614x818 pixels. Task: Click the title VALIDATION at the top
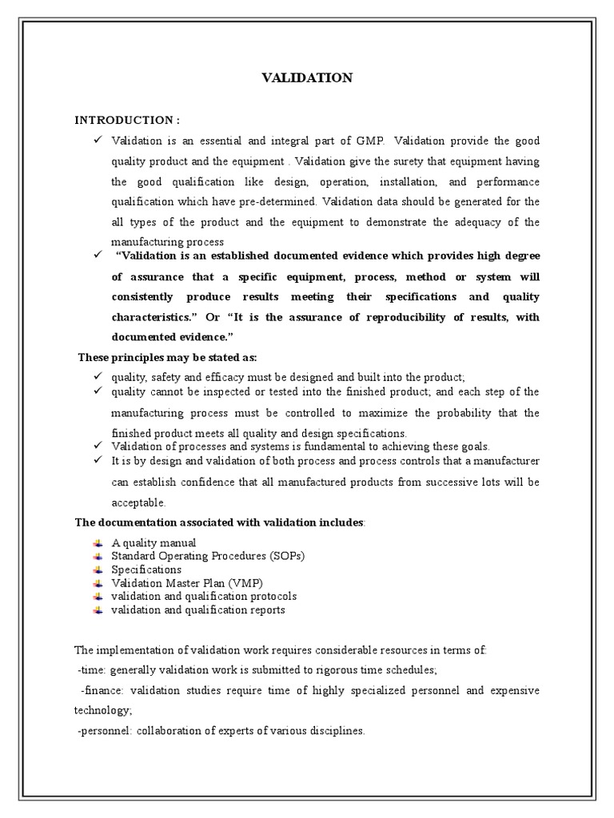(307, 77)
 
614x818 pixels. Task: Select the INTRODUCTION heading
(127, 120)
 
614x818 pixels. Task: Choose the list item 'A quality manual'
(149, 543)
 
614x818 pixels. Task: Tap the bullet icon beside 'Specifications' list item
(98, 570)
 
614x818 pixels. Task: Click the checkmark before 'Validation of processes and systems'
(97, 446)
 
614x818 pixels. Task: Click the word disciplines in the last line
(333, 730)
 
